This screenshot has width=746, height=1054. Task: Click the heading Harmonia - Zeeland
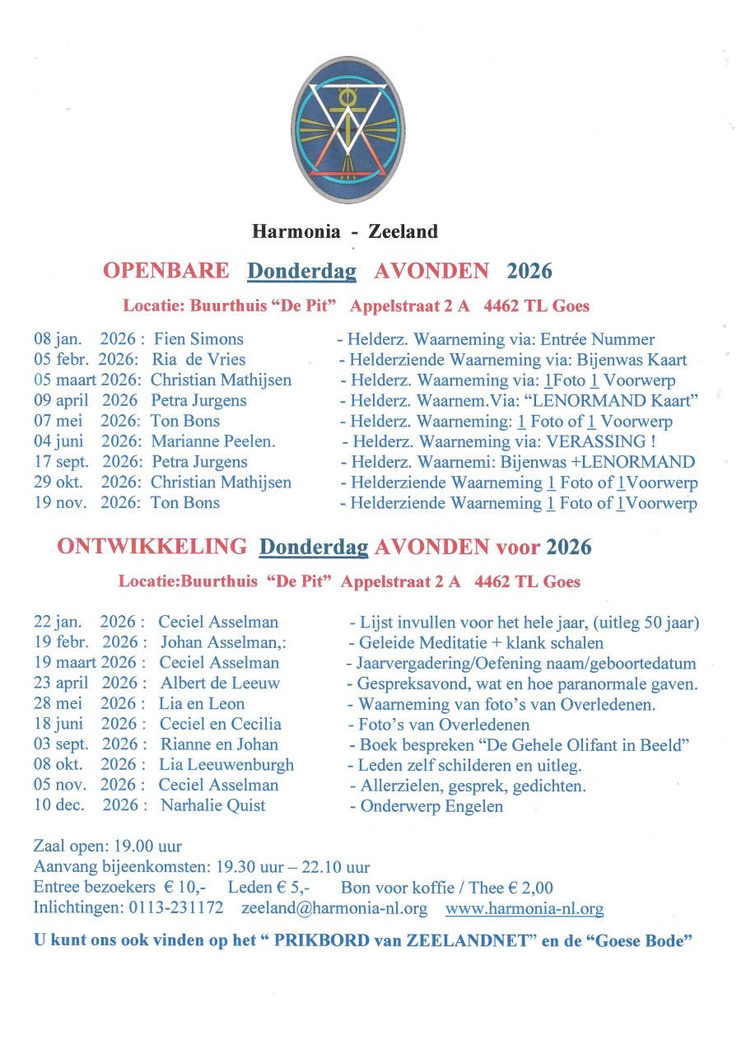[x=345, y=231]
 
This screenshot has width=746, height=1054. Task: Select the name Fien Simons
[x=198, y=339]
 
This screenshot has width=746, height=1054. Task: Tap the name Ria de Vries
[x=198, y=360]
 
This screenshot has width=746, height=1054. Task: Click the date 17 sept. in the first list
[x=63, y=462]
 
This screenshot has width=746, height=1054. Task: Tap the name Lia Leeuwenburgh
[x=226, y=764]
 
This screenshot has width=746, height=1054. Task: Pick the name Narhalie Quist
[x=212, y=805]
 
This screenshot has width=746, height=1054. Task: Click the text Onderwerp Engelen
[x=431, y=805]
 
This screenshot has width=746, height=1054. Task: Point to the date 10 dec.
[x=59, y=805]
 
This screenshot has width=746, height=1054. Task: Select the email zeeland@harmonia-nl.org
[x=334, y=909]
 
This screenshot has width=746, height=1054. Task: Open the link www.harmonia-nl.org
[x=525, y=909]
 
